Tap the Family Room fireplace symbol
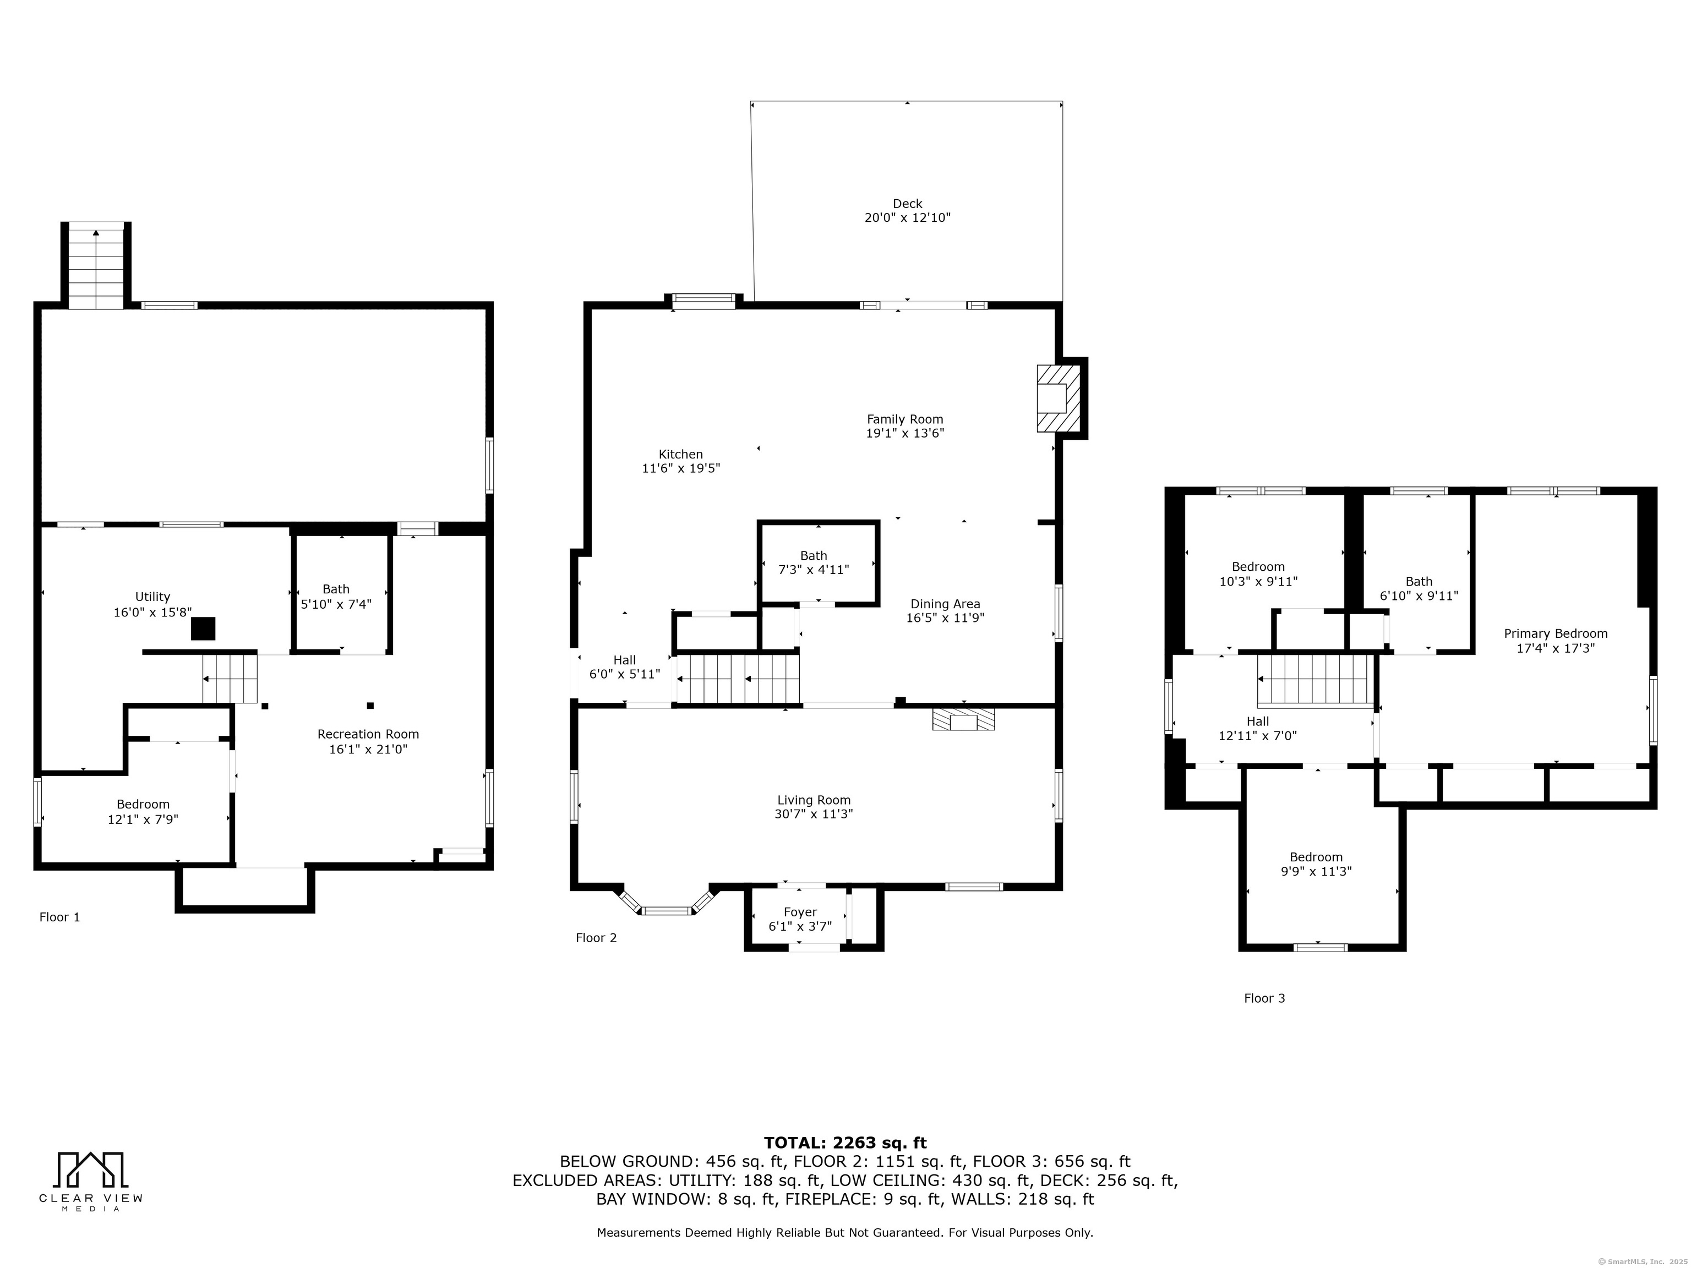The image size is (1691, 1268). [1058, 398]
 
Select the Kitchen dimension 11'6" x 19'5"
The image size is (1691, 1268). [681, 468]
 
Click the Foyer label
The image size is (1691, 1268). [800, 912]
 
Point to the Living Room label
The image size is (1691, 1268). [814, 800]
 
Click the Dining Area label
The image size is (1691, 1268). [946, 604]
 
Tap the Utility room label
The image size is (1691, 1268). [153, 597]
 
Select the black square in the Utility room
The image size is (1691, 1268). [203, 628]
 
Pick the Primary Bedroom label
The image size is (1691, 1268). [1556, 633]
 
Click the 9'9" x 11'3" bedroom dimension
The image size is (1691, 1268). [1316, 871]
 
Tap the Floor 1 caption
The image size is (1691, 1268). [59, 917]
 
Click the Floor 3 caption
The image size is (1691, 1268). [1264, 998]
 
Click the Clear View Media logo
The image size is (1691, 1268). [91, 1182]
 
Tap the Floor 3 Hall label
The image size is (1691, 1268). [1258, 722]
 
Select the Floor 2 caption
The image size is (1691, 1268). [596, 938]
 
